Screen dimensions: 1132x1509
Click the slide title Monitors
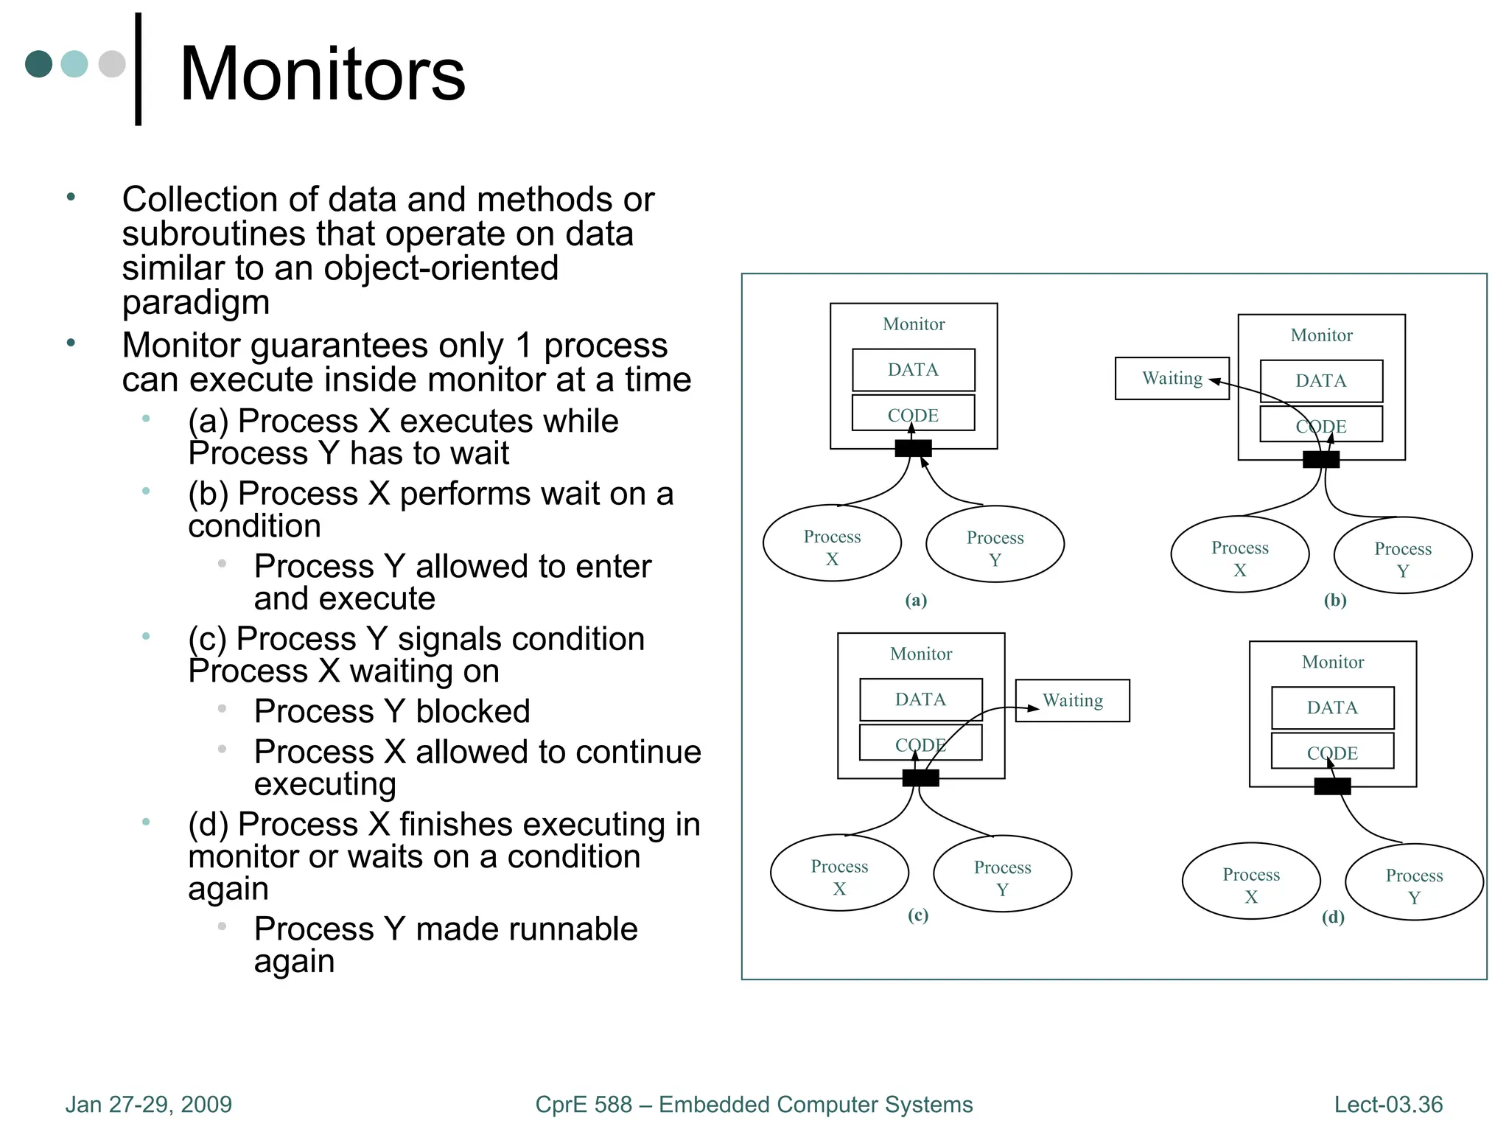coord(322,74)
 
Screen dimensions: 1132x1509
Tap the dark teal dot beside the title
coord(38,64)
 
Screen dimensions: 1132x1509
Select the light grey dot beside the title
coord(112,64)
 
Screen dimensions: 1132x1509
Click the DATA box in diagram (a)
coord(913,370)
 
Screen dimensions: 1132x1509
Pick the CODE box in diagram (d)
coord(1332,752)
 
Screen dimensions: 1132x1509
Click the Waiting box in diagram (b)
coord(1172,379)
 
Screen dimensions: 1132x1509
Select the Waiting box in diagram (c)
coord(1072,700)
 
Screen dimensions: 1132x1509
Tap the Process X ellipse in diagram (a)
coord(832,544)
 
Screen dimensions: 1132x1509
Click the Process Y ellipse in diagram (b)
coord(1402,556)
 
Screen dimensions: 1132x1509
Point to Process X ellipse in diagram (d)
coord(1250,881)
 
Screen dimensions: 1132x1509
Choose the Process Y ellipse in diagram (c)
coord(1002,874)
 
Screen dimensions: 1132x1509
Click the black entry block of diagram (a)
coord(913,448)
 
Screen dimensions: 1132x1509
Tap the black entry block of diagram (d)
coord(1332,786)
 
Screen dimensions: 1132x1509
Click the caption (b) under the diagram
coord(1334,600)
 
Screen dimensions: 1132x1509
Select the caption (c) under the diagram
coord(917,915)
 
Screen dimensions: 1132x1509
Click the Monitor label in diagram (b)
coord(1321,335)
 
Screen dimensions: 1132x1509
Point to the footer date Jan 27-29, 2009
coord(148,1104)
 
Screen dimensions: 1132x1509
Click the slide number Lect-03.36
coord(1387,1104)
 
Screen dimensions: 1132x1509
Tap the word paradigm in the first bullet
coord(196,302)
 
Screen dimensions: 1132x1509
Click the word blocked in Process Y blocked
coord(472,711)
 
